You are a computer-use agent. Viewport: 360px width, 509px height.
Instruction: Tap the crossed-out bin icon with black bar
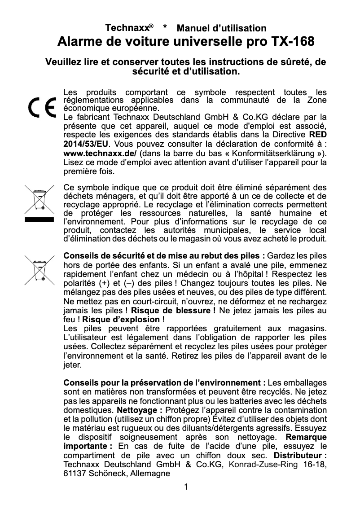[39, 204]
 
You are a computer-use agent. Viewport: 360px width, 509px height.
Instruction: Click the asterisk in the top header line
[166, 29]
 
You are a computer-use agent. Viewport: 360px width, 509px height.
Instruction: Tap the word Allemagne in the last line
[145, 473]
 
